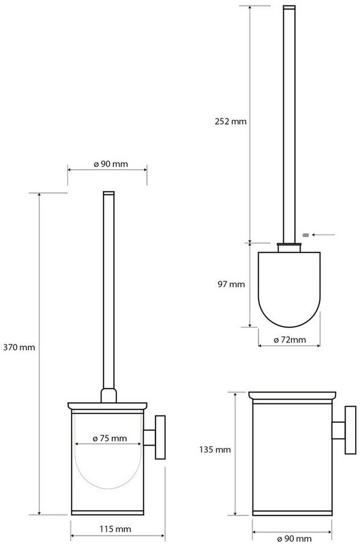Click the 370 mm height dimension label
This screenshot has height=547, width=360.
pyautogui.click(x=19, y=348)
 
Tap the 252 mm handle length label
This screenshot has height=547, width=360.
pyautogui.click(x=231, y=121)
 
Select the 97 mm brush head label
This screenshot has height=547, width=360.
pyautogui.click(x=231, y=284)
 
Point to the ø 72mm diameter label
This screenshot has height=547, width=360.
pyautogui.click(x=289, y=340)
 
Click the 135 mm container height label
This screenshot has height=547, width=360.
pyautogui.click(x=215, y=450)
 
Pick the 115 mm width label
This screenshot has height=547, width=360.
pyautogui.click(x=116, y=529)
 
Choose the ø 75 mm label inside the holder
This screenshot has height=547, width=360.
pyautogui.click(x=109, y=438)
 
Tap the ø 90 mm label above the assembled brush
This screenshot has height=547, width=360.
pyautogui.click(x=111, y=164)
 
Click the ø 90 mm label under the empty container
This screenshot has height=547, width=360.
pyautogui.click(x=294, y=539)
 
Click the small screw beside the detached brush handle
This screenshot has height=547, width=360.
pyautogui.click(x=305, y=235)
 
